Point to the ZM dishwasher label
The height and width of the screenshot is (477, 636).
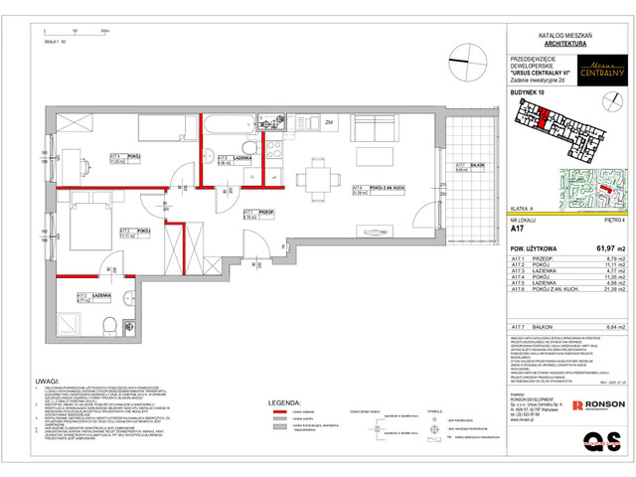coord(328,122)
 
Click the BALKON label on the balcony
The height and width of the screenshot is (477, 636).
coord(463,164)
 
